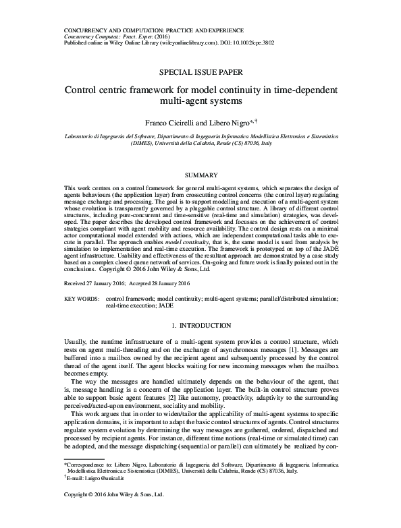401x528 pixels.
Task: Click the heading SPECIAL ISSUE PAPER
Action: tap(200, 71)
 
